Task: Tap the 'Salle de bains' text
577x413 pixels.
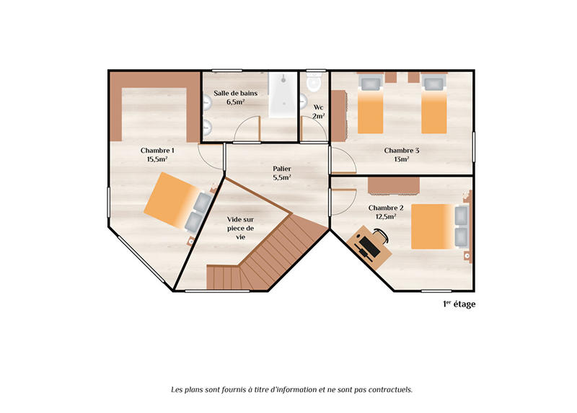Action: [234, 93]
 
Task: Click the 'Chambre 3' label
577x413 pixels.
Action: [402, 151]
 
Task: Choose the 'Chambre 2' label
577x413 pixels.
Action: [386, 208]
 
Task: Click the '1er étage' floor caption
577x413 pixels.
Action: [459, 304]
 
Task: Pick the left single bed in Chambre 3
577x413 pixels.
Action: [370, 108]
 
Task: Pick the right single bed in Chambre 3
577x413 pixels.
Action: [434, 108]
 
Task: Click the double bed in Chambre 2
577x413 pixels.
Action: [436, 226]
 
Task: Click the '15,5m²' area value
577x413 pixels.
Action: [157, 159]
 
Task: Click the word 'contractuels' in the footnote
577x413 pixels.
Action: [389, 389]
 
